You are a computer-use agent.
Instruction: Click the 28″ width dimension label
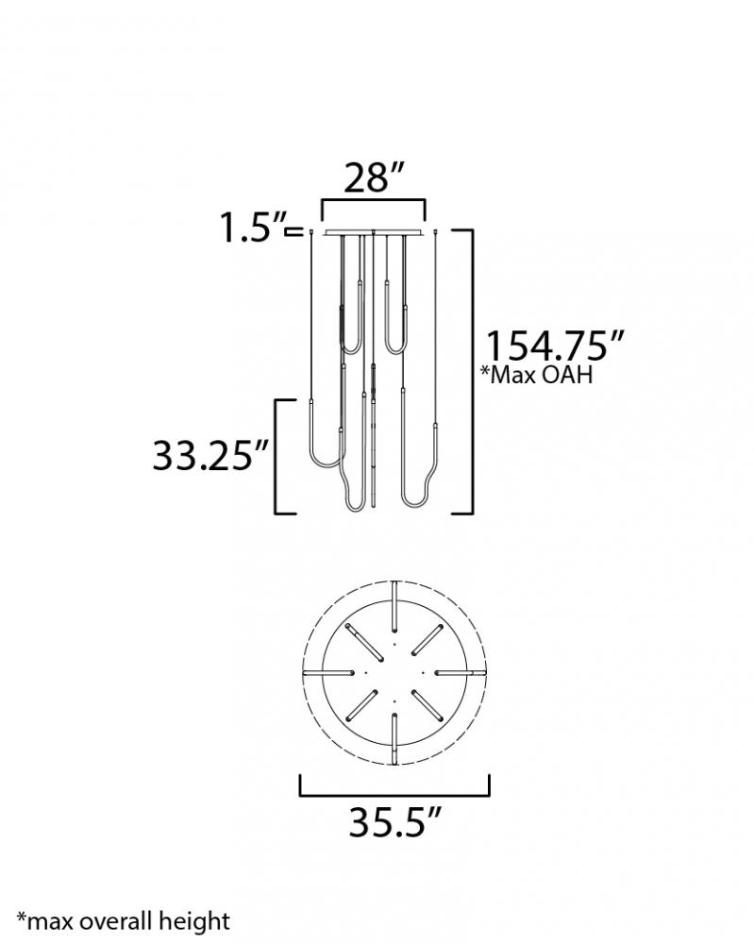click(x=373, y=178)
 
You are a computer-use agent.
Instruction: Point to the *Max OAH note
click(x=537, y=375)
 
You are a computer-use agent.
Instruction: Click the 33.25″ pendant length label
click(x=210, y=455)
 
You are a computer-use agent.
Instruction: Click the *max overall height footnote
click(x=124, y=921)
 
